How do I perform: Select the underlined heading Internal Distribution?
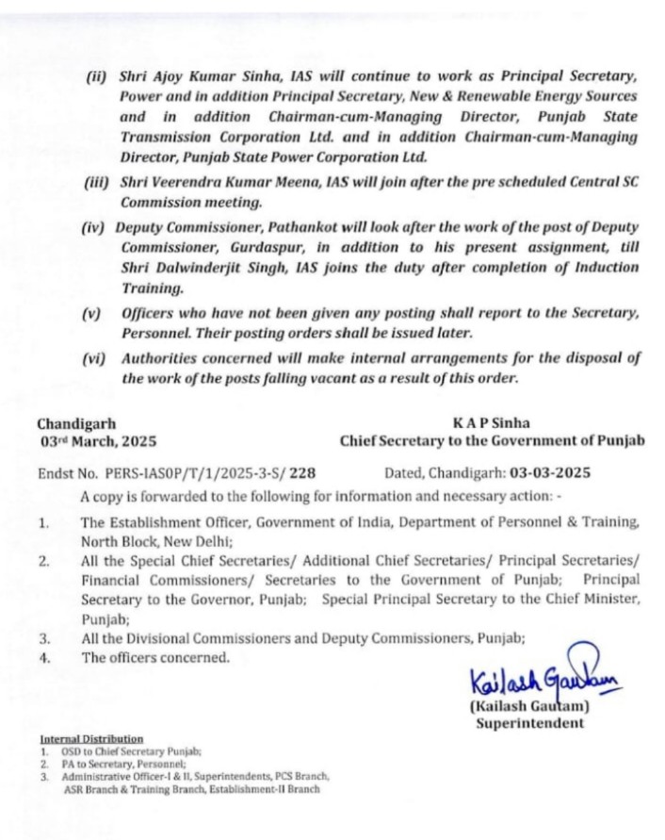tap(91, 738)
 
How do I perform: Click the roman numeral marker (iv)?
tap(95, 228)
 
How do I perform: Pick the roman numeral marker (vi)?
tap(95, 357)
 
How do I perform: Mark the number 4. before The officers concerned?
tap(43, 658)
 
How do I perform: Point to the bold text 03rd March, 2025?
tap(98, 440)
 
